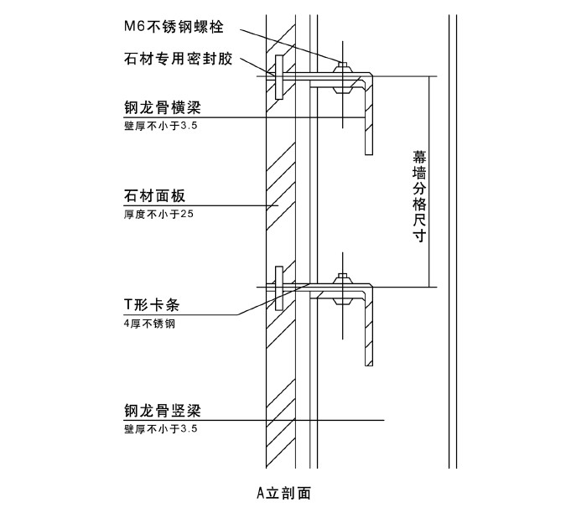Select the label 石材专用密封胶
point(177,60)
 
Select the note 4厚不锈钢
point(148,322)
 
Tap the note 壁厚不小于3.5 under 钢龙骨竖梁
point(159,428)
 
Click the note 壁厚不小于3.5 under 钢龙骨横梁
point(159,126)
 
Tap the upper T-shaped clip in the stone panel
point(277,77)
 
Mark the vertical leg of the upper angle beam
point(368,117)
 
